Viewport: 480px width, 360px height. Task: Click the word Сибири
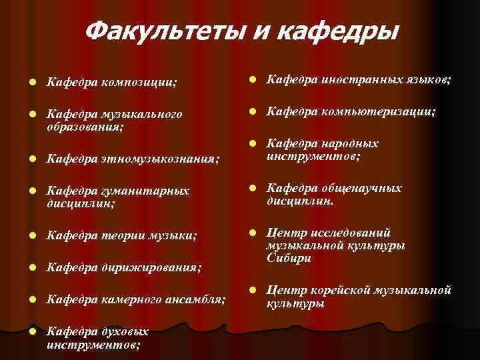tap(289, 258)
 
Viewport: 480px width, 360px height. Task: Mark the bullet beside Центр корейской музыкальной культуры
tap(253, 290)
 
